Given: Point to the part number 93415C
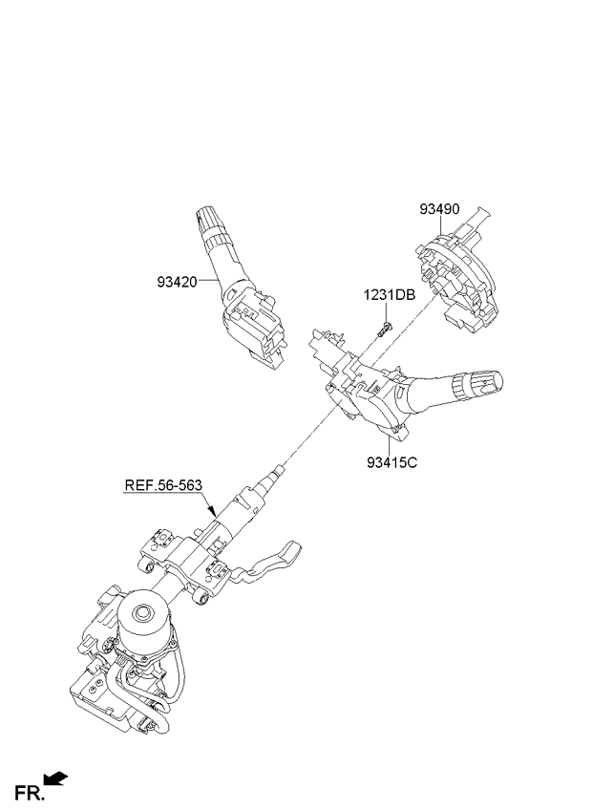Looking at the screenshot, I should coord(392,464).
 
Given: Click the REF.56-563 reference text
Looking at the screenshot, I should coord(163,484).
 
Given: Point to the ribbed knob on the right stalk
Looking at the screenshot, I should coord(467,384).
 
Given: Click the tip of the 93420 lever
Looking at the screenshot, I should coord(203,213).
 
